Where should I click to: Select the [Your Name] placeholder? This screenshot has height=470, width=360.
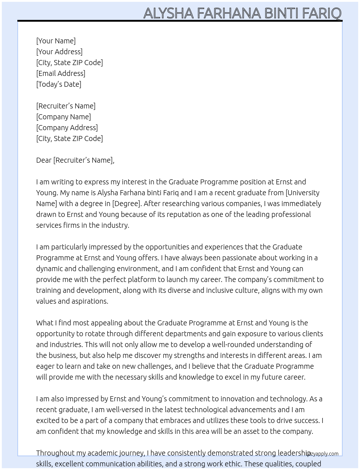pyautogui.click(x=56, y=41)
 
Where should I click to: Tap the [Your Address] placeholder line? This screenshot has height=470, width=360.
pyautogui.click(x=59, y=52)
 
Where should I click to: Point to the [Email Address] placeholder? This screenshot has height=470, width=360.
pyautogui.click(x=61, y=73)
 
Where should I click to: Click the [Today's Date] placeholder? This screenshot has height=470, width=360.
pyautogui.click(x=59, y=84)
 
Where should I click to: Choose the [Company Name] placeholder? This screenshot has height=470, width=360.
pyautogui.click(x=64, y=117)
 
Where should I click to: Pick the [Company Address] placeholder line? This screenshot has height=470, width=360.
pyautogui.click(x=67, y=128)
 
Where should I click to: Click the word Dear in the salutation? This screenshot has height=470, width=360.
pyautogui.click(x=44, y=160)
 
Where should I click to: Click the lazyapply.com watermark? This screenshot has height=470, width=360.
pyautogui.click(x=323, y=454)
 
